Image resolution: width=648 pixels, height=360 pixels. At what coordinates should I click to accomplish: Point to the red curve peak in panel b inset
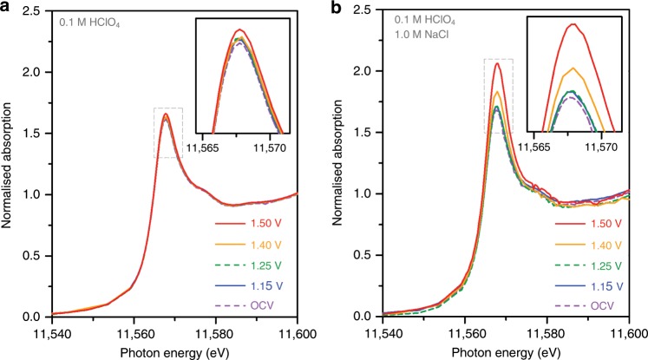(573, 23)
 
